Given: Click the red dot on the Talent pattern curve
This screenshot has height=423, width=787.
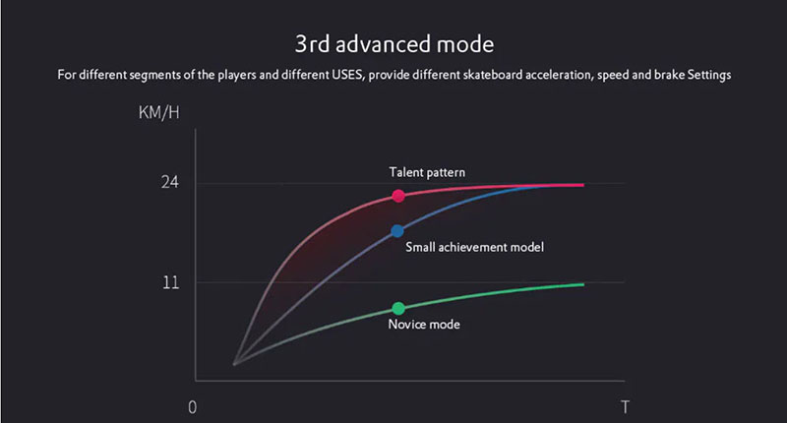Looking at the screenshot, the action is pyautogui.click(x=398, y=196).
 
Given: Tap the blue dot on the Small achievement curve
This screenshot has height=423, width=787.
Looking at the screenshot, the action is pyautogui.click(x=397, y=231).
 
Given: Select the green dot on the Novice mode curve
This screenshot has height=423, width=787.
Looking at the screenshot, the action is pyautogui.click(x=398, y=308).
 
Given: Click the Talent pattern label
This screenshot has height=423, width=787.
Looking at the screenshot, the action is pyautogui.click(x=427, y=172).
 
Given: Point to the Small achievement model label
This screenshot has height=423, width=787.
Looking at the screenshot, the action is pyautogui.click(x=474, y=247).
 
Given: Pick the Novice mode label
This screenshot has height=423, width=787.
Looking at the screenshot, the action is pyautogui.click(x=424, y=325).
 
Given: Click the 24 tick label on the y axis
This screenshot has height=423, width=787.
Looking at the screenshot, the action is pyautogui.click(x=170, y=182).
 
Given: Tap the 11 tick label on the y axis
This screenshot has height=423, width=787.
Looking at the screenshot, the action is pyautogui.click(x=170, y=282).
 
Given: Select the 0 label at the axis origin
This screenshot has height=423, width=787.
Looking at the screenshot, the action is pyautogui.click(x=192, y=407).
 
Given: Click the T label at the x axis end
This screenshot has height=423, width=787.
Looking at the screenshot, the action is pyautogui.click(x=625, y=407).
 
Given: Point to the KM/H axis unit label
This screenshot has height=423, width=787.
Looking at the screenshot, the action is pyautogui.click(x=158, y=112).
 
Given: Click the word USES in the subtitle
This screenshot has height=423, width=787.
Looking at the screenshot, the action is pyautogui.click(x=347, y=75).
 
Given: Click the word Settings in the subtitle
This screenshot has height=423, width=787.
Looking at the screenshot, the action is pyautogui.click(x=708, y=76).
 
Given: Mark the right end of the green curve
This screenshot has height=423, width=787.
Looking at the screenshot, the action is pyautogui.click(x=583, y=284).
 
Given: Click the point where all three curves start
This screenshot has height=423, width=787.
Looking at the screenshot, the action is pyautogui.click(x=234, y=364).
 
